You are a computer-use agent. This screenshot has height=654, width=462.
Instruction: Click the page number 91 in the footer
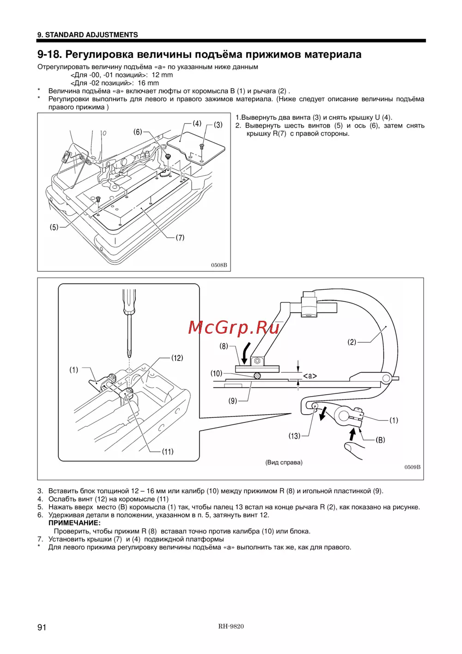42,627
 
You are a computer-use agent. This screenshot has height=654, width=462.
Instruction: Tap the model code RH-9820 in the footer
231,626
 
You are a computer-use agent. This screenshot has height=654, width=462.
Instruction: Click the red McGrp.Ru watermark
234,327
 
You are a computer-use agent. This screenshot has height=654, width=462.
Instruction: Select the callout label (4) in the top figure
197,123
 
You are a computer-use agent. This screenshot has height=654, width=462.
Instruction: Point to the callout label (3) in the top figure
218,124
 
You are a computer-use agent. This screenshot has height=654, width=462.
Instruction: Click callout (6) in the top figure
138,132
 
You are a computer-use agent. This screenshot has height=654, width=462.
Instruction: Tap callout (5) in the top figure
54,227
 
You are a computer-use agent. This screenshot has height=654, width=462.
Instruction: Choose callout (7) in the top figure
180,238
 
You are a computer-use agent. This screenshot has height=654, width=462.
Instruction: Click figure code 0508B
219,265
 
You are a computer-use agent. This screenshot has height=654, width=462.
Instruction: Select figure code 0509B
413,467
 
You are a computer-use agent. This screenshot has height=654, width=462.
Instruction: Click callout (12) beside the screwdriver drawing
177,358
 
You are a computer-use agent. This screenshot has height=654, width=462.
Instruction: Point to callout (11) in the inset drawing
168,452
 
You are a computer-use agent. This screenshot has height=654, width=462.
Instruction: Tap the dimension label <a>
310,376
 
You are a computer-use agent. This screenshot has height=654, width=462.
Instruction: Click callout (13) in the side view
294,436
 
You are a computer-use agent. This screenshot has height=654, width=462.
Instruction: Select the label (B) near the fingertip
380,440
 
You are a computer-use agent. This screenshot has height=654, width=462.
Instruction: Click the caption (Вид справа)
284,462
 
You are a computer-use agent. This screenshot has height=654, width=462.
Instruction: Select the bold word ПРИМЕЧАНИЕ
74,523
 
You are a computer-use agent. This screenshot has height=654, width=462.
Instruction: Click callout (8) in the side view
224,346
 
